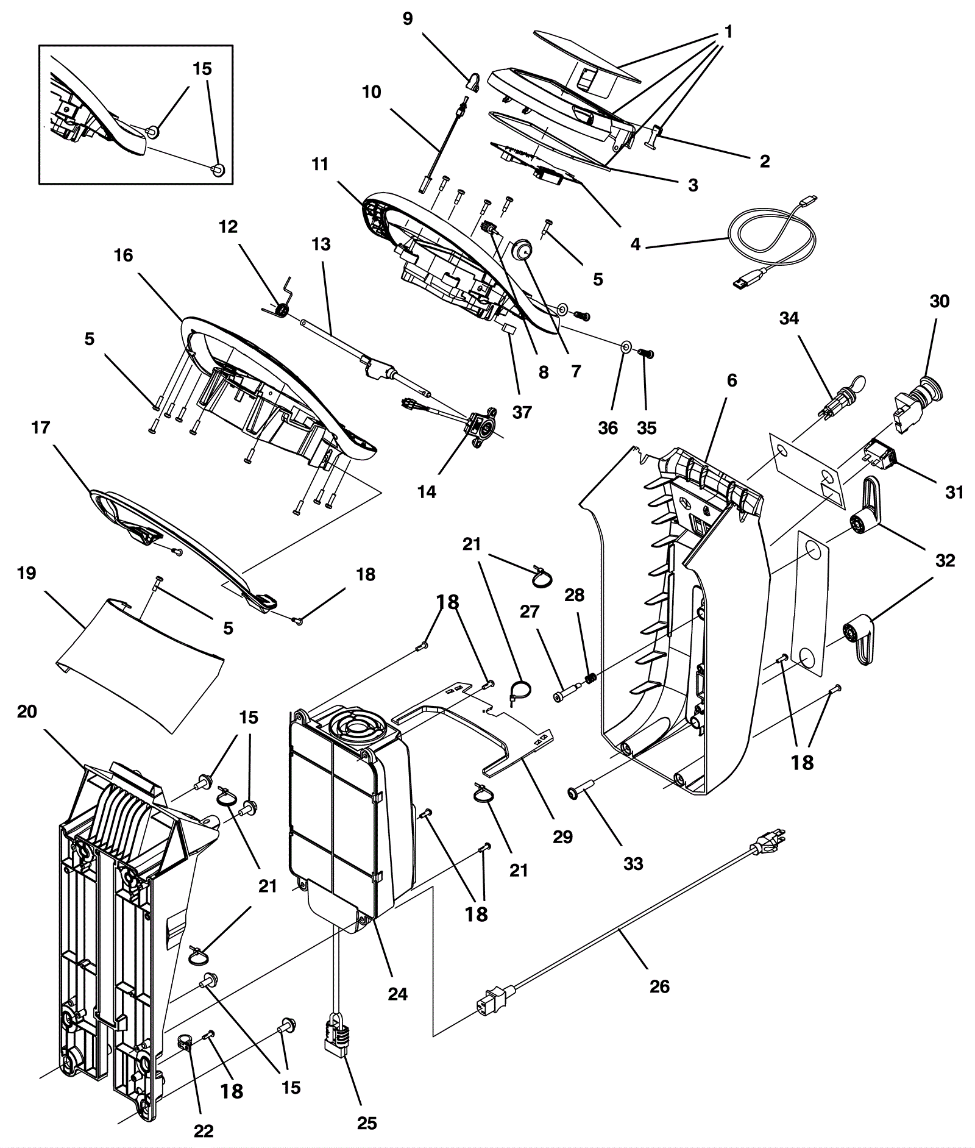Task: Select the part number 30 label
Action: pos(939,301)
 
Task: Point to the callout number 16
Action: pos(123,255)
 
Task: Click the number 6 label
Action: pos(732,380)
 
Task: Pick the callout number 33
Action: pos(633,863)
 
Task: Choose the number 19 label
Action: pos(27,573)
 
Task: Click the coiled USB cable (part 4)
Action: pos(774,241)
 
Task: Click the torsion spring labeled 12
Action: pos(282,311)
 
